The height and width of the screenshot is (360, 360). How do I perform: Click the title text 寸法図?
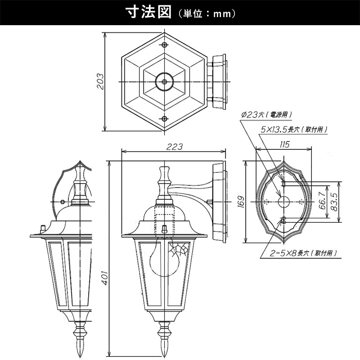(x=148, y=13)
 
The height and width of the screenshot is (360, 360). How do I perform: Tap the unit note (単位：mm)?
(x=207, y=14)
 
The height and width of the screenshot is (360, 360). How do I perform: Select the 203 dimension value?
(x=100, y=81)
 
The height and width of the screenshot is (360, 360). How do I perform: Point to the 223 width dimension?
(x=174, y=147)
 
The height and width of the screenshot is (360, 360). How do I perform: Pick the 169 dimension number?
(x=241, y=202)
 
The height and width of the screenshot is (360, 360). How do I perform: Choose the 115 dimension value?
(x=284, y=144)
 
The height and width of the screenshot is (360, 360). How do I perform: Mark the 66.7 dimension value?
(x=322, y=201)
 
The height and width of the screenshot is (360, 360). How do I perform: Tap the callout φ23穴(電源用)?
(x=267, y=115)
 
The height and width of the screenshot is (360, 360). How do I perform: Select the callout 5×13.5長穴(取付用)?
(x=294, y=130)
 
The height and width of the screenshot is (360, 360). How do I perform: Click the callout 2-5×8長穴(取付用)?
(x=303, y=253)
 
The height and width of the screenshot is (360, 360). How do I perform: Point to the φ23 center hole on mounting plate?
(x=284, y=202)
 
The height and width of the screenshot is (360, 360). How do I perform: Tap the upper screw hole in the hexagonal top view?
(x=164, y=45)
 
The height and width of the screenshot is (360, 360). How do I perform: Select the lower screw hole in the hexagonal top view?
(x=164, y=119)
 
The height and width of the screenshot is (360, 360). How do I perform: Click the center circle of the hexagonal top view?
(x=164, y=82)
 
